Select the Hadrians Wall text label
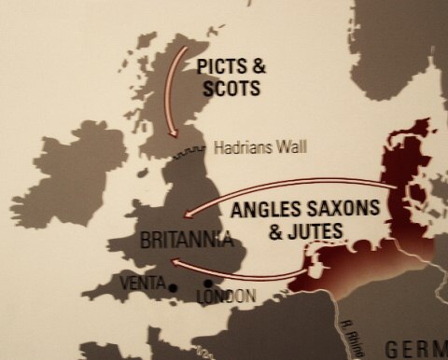tap(259, 147)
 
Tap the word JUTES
tap(317, 230)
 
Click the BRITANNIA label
tap(185, 240)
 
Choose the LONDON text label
tap(224, 297)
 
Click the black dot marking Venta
tap(174, 288)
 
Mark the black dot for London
tap(207, 284)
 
